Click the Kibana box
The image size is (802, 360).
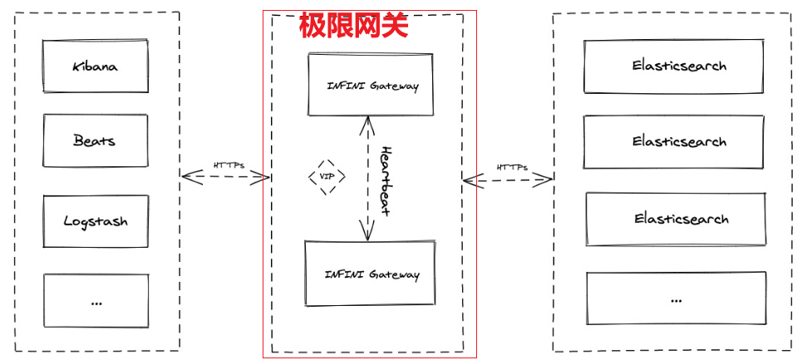click(96, 66)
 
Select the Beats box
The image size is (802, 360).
click(96, 141)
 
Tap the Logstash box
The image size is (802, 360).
click(96, 221)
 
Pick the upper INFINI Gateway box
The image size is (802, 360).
click(371, 85)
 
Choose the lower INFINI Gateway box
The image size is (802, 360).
click(370, 274)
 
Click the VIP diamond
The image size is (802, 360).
click(327, 177)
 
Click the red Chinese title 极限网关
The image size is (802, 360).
click(354, 25)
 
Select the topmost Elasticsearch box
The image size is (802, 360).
click(674, 66)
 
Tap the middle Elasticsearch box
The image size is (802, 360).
click(674, 141)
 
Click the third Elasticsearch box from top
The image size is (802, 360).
click(676, 219)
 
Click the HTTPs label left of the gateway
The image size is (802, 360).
click(228, 165)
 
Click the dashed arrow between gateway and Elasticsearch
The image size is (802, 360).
click(509, 179)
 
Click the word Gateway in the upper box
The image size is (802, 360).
click(395, 86)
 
